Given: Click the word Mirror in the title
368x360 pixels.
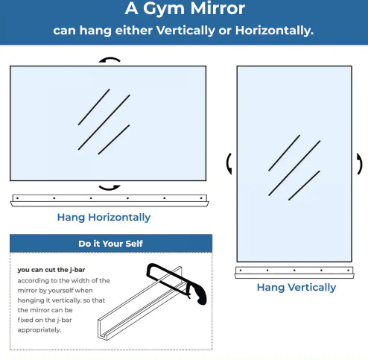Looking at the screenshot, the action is tap(218, 8).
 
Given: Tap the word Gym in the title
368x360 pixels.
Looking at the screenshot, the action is tap(164, 10).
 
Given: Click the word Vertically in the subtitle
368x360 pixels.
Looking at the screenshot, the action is tap(185, 31).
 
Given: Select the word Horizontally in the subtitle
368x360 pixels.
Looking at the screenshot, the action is tap(274, 31).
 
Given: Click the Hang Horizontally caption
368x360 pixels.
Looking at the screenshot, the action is tap(104, 218).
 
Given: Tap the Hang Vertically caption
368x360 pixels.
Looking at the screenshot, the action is tap(296, 288).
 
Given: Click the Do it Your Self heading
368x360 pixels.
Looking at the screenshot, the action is tap(110, 244).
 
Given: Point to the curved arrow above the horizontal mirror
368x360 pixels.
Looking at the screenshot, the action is tap(110, 59).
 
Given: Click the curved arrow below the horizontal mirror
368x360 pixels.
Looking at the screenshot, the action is tap(110, 188).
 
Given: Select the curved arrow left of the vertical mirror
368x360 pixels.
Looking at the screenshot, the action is tap(228, 164).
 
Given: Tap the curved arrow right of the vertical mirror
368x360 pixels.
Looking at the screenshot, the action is tap(361, 164).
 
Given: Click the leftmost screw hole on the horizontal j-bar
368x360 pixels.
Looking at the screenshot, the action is tap(17, 198).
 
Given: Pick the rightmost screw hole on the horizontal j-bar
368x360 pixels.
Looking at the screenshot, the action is tap(201, 198).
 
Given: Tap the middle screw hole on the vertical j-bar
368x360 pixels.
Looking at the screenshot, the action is tap(294, 271).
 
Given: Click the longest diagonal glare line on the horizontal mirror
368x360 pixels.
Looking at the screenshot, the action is tap(104, 122).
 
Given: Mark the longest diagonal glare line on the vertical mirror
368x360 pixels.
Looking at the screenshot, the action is tap(294, 168).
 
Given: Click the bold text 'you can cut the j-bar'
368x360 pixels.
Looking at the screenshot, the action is tap(51, 270).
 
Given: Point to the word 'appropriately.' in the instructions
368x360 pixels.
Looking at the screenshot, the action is tap(39, 330).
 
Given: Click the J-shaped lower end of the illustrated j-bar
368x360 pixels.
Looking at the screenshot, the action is tap(103, 330).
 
